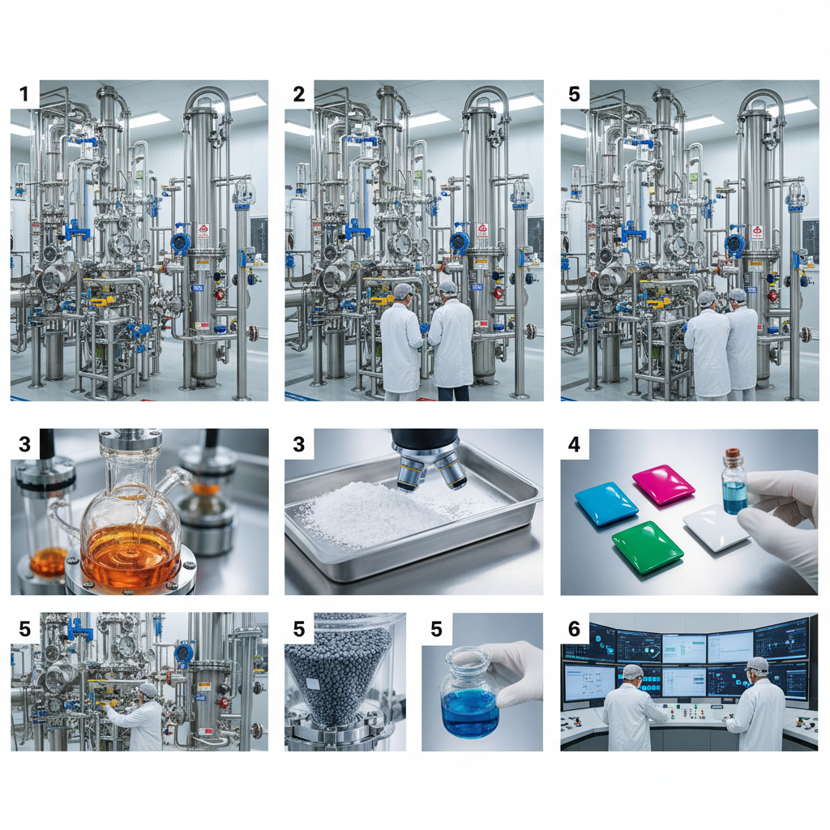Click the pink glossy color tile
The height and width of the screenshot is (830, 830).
[663, 485]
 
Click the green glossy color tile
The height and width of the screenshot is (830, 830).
[647, 548]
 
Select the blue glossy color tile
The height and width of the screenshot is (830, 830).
[606, 503]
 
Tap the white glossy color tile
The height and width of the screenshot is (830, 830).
[717, 527]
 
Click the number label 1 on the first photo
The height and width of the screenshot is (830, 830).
[24, 94]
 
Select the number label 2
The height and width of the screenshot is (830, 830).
[299, 94]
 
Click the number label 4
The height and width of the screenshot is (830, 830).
[574, 443]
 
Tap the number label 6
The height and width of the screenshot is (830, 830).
[574, 628]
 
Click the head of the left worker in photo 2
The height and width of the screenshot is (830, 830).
[402, 291]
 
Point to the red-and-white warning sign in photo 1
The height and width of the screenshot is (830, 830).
[203, 231]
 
